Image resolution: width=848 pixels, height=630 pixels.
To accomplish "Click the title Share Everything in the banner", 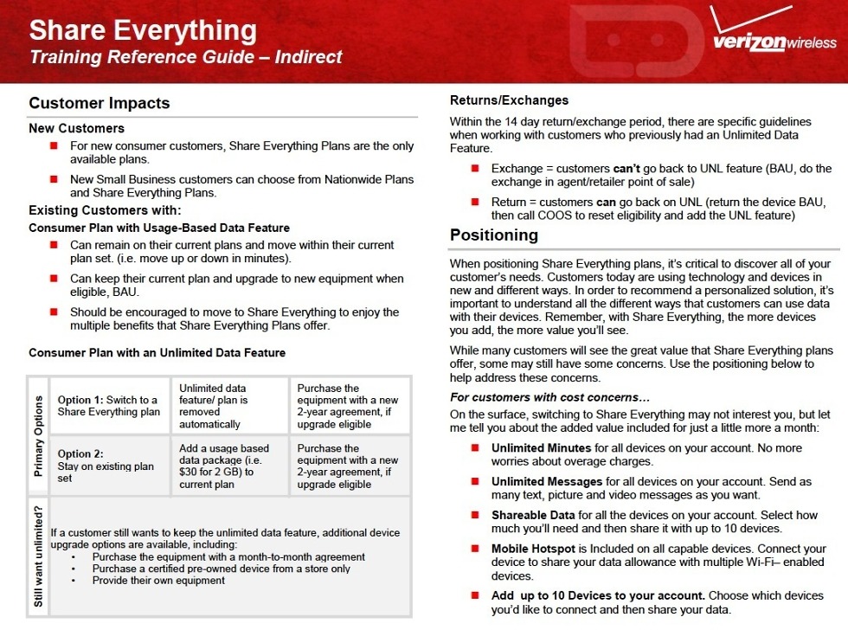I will click(143, 31).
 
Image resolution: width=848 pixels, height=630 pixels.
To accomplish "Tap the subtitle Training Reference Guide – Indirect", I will click(186, 58).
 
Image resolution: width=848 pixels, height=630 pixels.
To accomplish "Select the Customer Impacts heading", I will click(100, 103).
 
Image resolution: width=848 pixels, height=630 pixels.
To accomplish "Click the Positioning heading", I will click(494, 235).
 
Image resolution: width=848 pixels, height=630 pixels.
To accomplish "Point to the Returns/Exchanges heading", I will click(509, 100).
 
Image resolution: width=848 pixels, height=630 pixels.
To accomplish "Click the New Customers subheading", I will click(76, 129).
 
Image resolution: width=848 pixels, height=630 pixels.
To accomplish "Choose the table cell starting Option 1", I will click(109, 406).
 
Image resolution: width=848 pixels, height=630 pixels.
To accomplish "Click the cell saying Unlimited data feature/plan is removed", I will click(228, 406).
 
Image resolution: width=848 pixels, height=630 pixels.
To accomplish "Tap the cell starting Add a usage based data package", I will click(229, 466).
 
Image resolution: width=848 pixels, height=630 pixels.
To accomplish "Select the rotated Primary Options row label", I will click(38, 436).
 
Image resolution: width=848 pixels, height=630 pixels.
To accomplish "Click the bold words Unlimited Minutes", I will click(541, 448).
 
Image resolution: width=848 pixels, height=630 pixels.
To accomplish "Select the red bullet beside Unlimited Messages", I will click(475, 481).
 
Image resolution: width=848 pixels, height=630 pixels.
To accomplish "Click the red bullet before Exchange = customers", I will click(475, 168).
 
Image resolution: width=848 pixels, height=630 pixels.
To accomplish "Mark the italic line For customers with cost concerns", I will click(549, 397).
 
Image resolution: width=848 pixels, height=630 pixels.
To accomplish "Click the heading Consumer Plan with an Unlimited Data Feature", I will click(157, 353).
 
